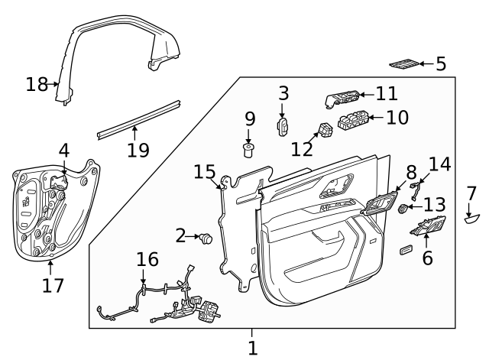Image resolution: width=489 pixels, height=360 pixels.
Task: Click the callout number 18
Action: click(37, 84)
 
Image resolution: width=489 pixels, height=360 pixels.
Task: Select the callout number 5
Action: click(441, 63)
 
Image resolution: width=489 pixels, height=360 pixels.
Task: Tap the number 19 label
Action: click(138, 149)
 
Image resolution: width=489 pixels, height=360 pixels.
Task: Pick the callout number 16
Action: click(147, 261)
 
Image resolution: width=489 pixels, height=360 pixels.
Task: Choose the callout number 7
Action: click(471, 193)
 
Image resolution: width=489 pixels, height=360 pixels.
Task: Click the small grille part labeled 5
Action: click(406, 63)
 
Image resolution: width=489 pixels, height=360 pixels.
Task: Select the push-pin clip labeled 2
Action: click(206, 239)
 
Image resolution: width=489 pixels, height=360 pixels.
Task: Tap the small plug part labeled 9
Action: click(249, 148)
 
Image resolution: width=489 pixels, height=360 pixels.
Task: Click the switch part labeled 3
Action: click(282, 127)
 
